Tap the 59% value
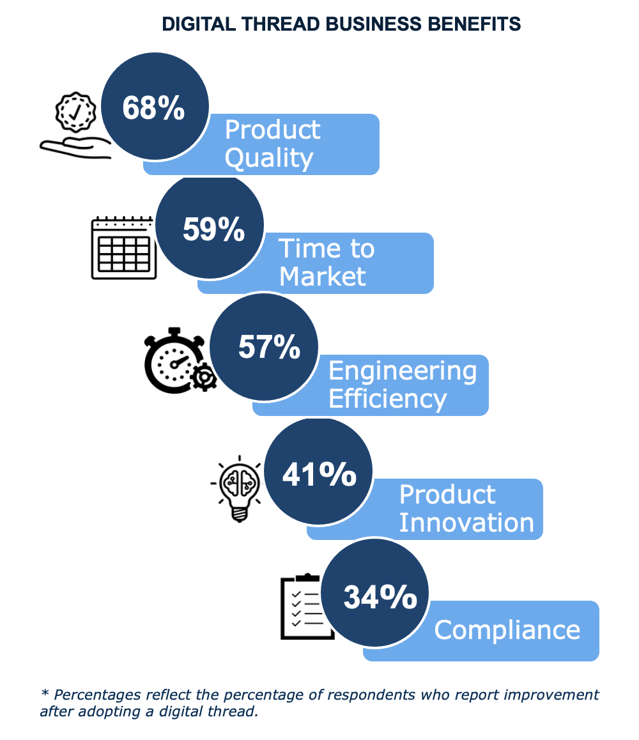point(213,229)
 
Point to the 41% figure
point(319,474)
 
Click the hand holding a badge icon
point(75,127)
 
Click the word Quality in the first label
point(269,158)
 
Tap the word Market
point(323,276)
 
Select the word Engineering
point(403,371)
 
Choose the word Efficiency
point(387,399)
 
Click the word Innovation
point(466,522)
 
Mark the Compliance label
point(507,629)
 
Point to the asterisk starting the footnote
point(45,693)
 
